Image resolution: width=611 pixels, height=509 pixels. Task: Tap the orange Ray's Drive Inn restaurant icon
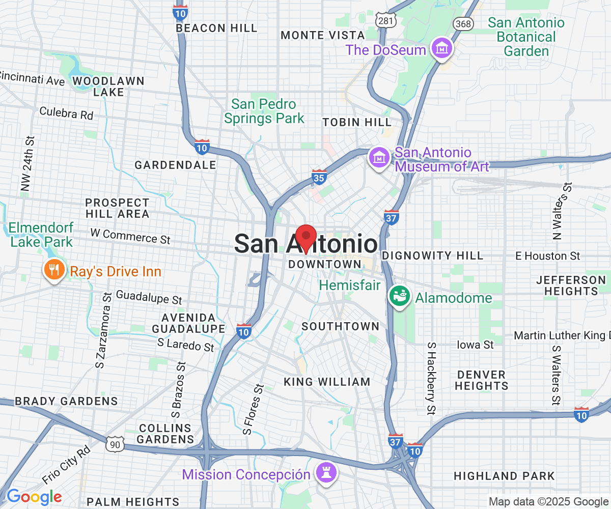pyautogui.click(x=53, y=270)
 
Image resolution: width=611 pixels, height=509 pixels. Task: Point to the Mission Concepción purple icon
pyautogui.click(x=325, y=473)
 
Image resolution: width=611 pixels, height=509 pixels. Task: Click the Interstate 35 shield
pyautogui.click(x=319, y=177)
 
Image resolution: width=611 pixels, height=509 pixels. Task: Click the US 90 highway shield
pyautogui.click(x=116, y=444)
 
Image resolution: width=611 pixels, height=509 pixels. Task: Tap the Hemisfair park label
pyautogui.click(x=350, y=285)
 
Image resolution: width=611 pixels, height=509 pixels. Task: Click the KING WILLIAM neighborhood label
pyautogui.click(x=327, y=382)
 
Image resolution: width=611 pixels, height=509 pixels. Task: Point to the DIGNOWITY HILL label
pyautogui.click(x=432, y=256)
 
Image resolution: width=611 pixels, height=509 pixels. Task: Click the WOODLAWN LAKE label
pyautogui.click(x=108, y=87)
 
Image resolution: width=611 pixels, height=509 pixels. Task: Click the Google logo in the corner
pyautogui.click(x=34, y=496)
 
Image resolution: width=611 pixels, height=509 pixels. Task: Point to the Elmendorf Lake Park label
pyautogui.click(x=42, y=234)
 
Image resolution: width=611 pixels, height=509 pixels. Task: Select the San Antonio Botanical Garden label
pyautogui.click(x=526, y=37)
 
